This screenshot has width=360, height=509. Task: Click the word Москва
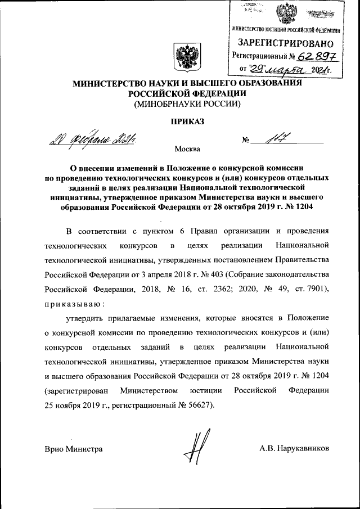click(187, 150)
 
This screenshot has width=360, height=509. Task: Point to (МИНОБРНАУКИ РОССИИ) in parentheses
click(187, 104)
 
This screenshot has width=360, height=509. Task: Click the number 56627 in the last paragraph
click(195, 406)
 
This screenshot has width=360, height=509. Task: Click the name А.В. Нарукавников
click(294, 449)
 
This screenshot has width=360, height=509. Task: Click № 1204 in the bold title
click(298, 208)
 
